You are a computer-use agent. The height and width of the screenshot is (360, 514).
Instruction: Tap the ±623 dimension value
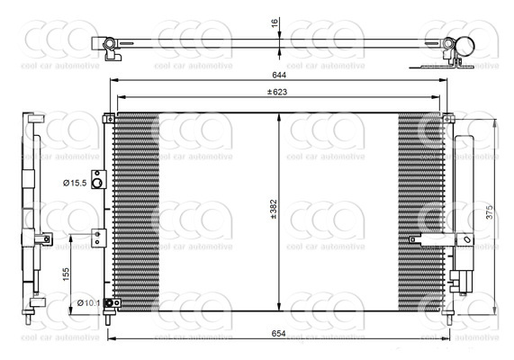click(277, 92)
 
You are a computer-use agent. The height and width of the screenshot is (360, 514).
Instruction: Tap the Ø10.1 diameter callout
click(88, 302)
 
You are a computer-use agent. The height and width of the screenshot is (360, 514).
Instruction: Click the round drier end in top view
click(465, 45)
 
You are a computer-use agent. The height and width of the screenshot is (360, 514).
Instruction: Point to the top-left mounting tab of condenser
click(109, 117)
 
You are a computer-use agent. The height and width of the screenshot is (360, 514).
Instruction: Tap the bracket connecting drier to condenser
click(432, 239)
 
